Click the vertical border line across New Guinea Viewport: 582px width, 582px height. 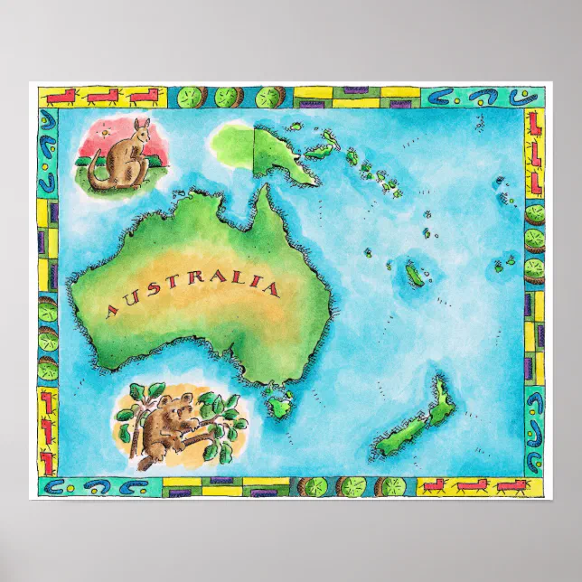click(x=254, y=149)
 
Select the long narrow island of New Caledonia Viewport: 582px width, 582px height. click(x=415, y=275)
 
